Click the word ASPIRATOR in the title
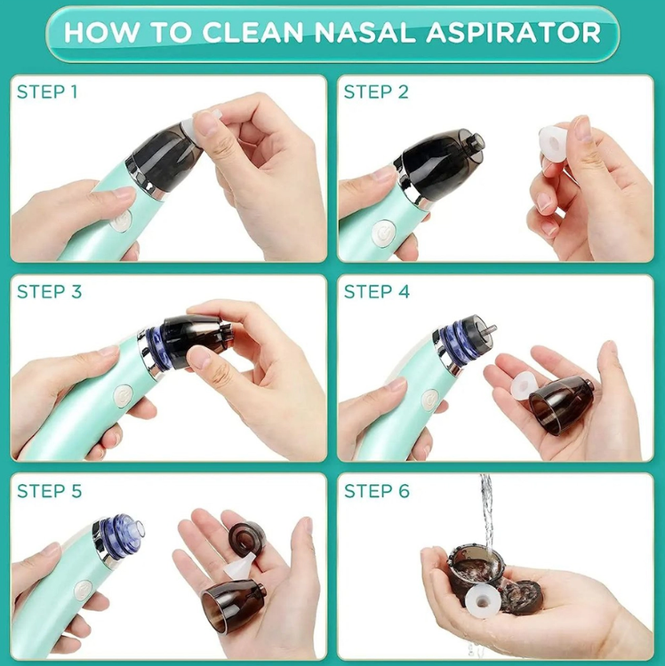point(513,32)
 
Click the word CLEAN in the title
point(253,32)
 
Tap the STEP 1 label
point(47,91)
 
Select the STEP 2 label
point(376,91)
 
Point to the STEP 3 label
point(49,291)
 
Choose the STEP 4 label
point(377,291)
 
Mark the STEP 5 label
point(49,491)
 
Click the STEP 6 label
point(377,491)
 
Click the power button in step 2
point(383,233)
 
